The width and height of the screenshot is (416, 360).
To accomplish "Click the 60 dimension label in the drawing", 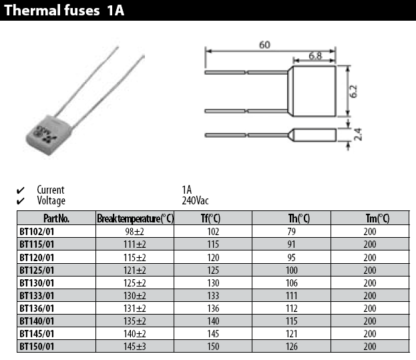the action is click(x=264, y=45).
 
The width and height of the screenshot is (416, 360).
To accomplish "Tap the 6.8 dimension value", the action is click(x=315, y=56).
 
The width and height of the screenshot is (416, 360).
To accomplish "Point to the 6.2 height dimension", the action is click(x=353, y=92).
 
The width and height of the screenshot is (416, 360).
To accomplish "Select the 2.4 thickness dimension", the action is click(x=358, y=134).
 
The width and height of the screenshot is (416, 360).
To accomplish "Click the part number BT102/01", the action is click(x=37, y=232).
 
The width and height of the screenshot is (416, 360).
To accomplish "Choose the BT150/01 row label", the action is click(x=37, y=347).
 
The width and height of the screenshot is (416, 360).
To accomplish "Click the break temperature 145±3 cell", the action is click(x=135, y=347).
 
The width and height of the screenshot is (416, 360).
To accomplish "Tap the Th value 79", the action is click(x=291, y=232).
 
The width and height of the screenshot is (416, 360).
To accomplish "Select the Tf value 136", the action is click(x=213, y=309).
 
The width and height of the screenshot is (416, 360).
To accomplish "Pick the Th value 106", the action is click(x=292, y=283).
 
